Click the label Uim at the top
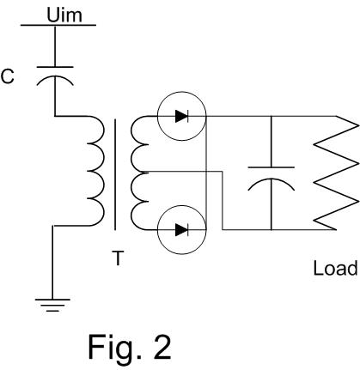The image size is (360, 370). [64, 15]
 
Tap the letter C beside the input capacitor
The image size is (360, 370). [8, 76]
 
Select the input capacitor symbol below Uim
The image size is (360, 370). [55, 76]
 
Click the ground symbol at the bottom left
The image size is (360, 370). [52, 305]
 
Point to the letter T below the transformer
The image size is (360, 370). [118, 258]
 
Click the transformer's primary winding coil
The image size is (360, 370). [95, 171]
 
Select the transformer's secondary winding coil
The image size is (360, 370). [139, 173]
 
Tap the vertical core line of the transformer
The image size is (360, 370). [115, 174]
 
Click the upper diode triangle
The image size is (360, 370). [181, 116]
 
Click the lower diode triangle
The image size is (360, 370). [181, 230]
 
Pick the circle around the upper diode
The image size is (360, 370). [157, 116]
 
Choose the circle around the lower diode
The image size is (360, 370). [157, 230]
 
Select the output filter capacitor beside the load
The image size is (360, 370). [271, 179]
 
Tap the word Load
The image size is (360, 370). [335, 268]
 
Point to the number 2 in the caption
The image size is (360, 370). [162, 347]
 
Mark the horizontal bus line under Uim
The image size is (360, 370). [58, 25]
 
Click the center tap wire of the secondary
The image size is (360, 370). [223, 200]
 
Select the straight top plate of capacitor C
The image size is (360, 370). [55, 67]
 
